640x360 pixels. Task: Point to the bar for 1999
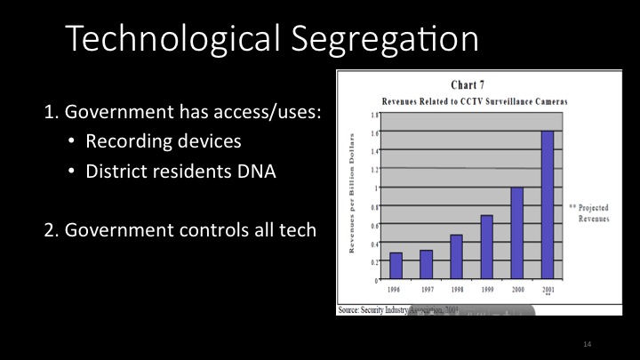[x=486, y=248]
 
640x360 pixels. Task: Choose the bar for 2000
[x=516, y=234]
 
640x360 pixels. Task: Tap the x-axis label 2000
[x=516, y=290]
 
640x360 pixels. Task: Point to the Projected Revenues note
[x=587, y=210]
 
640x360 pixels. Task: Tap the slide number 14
[x=587, y=342]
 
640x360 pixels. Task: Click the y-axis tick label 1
[x=376, y=188]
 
